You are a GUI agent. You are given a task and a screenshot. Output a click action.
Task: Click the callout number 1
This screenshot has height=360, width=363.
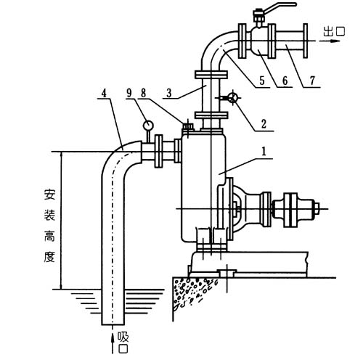(x=264, y=152)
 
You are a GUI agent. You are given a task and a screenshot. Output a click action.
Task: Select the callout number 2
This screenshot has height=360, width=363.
(x=264, y=124)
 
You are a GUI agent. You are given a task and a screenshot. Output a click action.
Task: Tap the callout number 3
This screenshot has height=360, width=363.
(x=168, y=93)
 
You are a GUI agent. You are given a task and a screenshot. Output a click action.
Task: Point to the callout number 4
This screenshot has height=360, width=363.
(x=104, y=93)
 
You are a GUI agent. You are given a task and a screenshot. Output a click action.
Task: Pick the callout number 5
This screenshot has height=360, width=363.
(x=262, y=81)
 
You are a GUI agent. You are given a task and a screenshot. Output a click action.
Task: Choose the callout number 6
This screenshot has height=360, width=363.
(x=285, y=81)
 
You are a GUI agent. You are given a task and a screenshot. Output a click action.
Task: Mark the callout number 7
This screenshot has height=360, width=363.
(x=312, y=81)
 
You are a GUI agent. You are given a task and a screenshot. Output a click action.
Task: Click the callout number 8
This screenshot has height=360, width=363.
(x=144, y=93)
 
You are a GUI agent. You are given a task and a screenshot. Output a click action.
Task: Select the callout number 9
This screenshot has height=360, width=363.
(x=129, y=93)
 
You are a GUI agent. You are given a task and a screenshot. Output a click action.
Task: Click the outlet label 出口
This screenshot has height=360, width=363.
(x=335, y=31)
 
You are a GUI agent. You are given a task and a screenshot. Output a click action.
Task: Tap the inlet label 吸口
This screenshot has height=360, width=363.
(x=123, y=343)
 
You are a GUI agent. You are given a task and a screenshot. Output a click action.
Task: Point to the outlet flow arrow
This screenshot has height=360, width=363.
(x=330, y=41)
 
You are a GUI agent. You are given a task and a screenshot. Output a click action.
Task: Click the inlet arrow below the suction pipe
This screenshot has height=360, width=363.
(x=113, y=343)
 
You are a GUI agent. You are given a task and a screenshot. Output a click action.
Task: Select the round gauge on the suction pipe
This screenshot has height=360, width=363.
(x=147, y=125)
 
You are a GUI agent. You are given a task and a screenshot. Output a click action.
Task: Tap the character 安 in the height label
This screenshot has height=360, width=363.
(x=49, y=195)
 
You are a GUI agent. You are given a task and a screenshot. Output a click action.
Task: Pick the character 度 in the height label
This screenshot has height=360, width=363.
(x=49, y=257)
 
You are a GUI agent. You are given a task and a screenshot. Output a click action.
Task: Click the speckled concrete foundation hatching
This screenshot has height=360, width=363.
(x=191, y=292)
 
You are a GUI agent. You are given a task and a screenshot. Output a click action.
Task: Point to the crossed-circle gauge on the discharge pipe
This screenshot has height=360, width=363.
(x=233, y=98)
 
